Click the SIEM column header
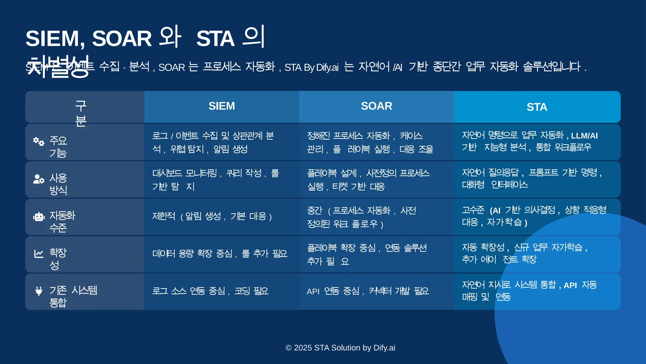pos(221,106)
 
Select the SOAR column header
pos(376,106)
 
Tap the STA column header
pos(537,107)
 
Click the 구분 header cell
pos(81,113)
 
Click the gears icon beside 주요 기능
pos(39,142)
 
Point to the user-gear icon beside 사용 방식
pos(39,179)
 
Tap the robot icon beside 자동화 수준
pos(39,217)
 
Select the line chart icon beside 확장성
pos(39,254)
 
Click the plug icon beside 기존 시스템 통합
pos(39,291)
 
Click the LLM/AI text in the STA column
pos(584,136)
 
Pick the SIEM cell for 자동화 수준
pos(212,217)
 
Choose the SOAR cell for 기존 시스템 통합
pos(368,291)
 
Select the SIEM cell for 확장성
pos(220,254)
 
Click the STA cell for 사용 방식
pos(532,179)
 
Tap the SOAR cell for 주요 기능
pos(370,142)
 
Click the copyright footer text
pos(340,348)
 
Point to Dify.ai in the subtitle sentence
pos(327,67)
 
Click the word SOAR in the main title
pos(122,39)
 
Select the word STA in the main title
pos(215,39)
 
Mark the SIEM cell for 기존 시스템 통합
pos(210,291)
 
